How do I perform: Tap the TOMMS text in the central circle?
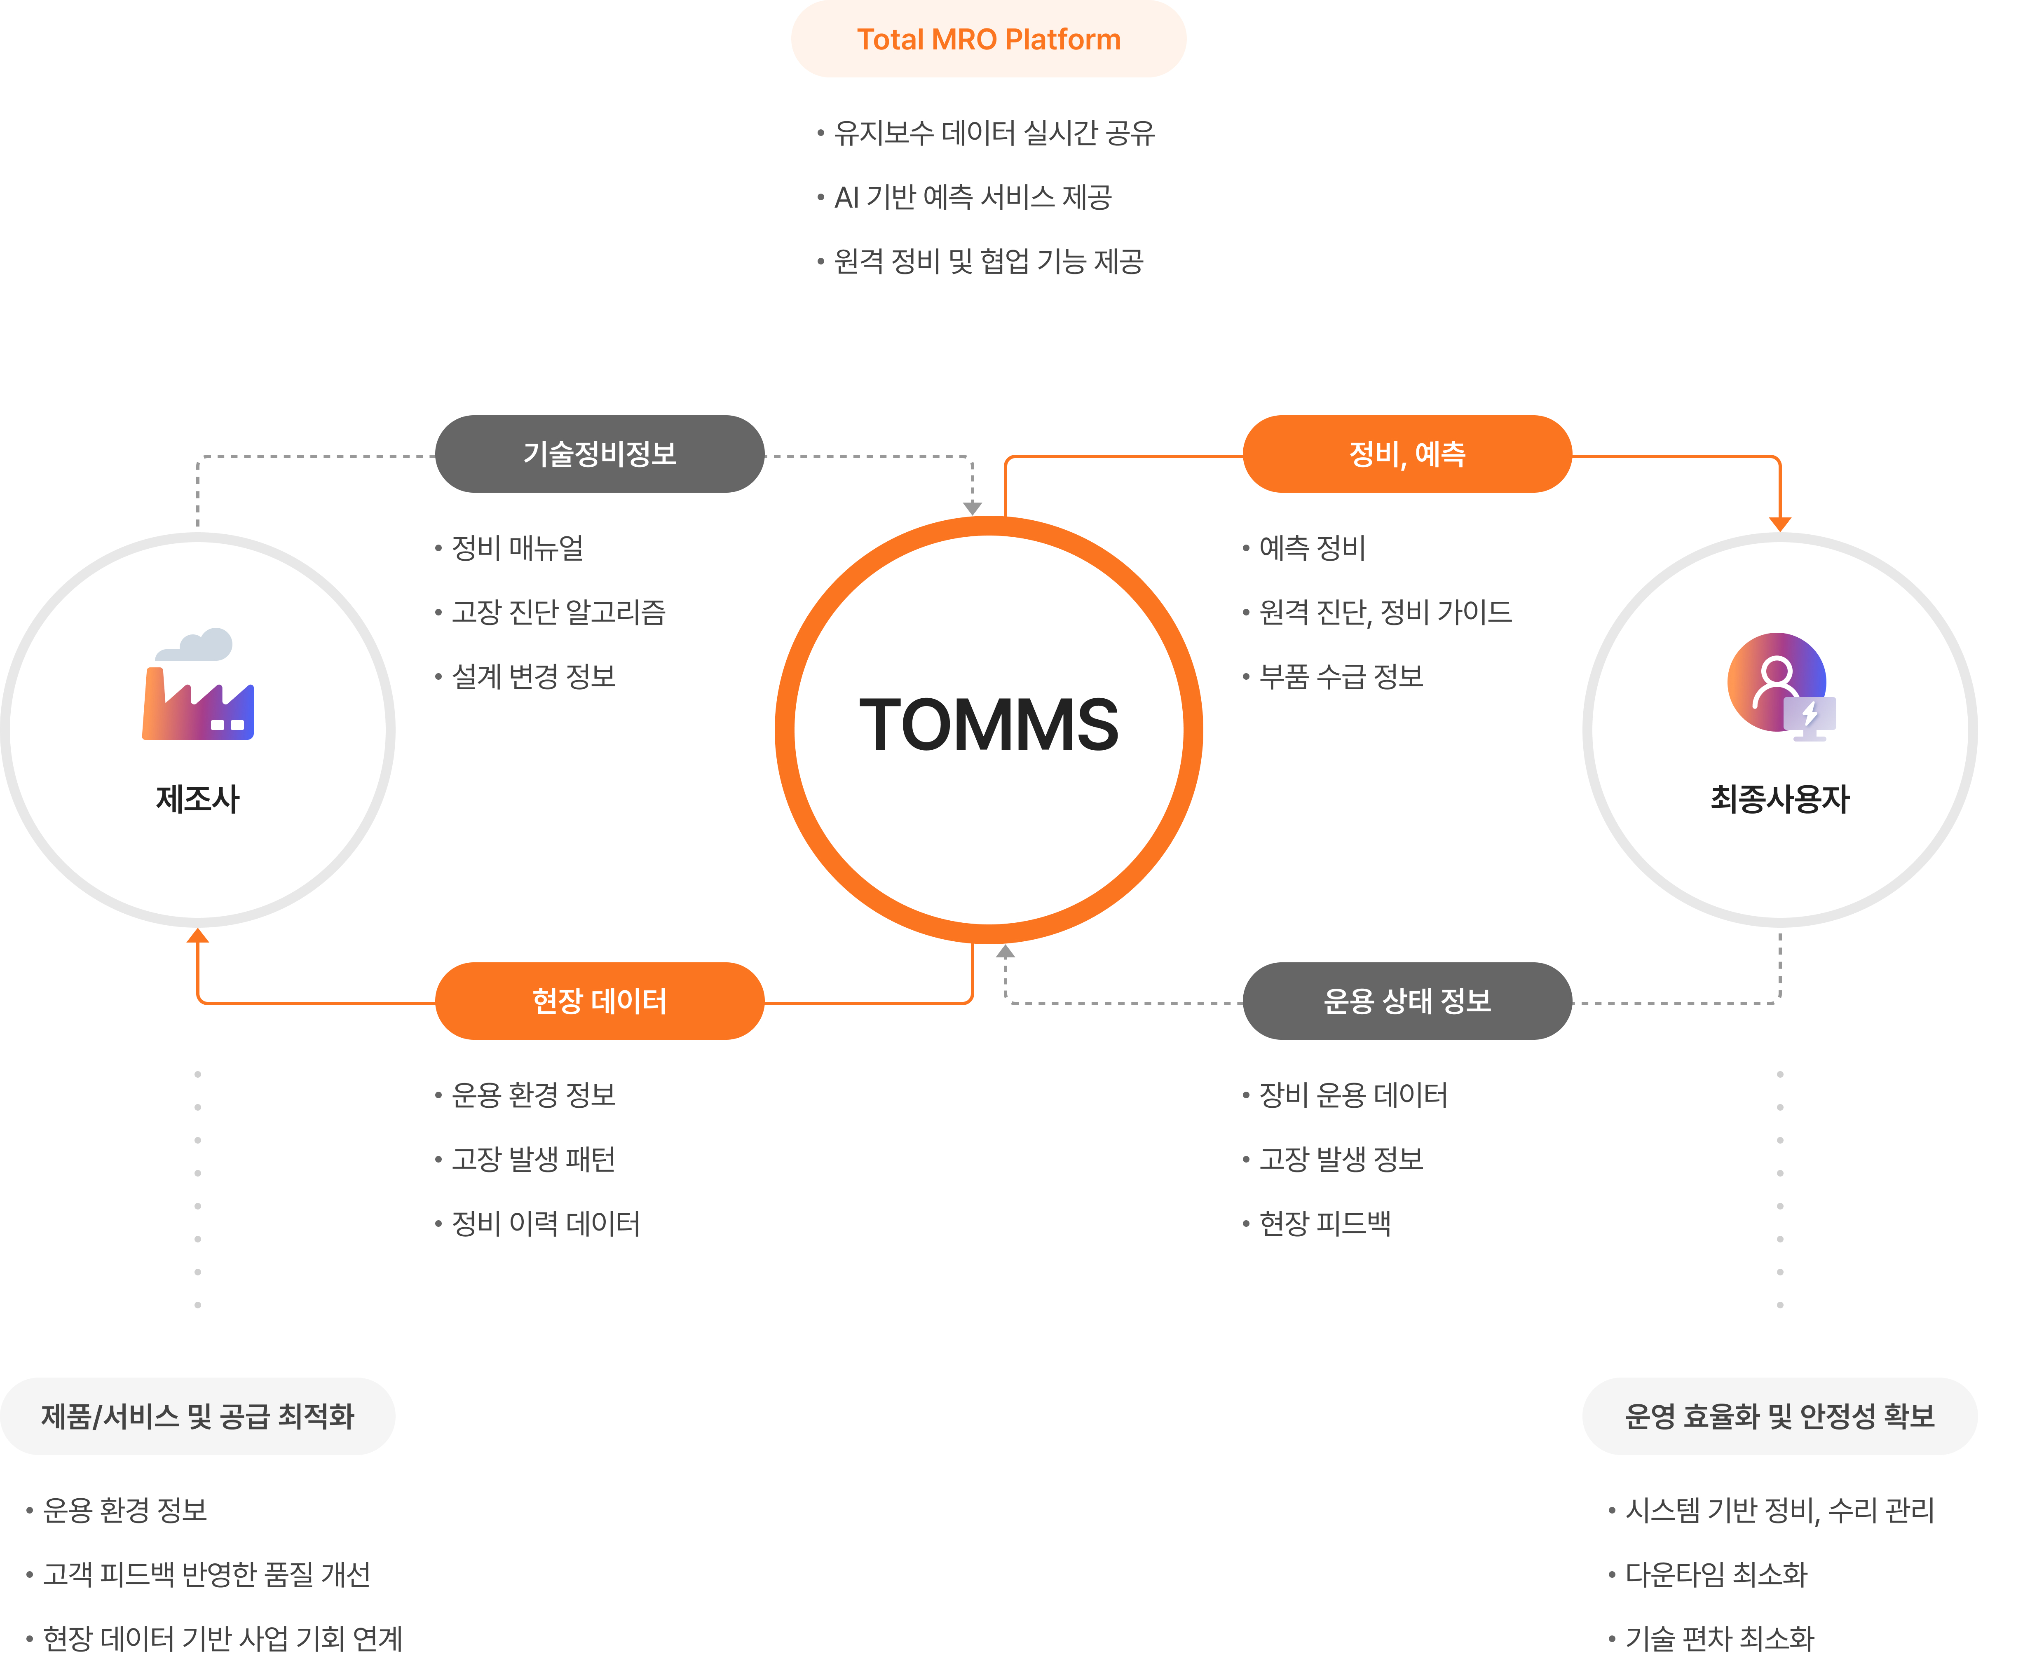pyautogui.click(x=989, y=725)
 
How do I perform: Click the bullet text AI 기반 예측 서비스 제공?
pyautogui.click(x=972, y=197)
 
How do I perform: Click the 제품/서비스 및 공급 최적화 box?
pyautogui.click(x=198, y=1416)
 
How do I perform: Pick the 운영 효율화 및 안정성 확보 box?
pyautogui.click(x=1780, y=1416)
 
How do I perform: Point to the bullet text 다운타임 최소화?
pyautogui.click(x=1716, y=1574)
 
